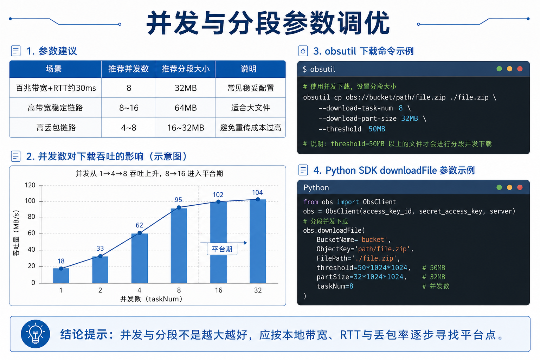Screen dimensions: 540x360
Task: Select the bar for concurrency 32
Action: (258, 241)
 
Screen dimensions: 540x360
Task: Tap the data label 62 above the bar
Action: (139, 225)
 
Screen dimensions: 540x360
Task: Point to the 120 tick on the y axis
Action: (30, 185)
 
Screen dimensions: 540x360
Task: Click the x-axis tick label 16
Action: (218, 290)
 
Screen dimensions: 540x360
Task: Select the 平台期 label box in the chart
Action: (222, 249)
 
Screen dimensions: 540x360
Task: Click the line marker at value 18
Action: (61, 268)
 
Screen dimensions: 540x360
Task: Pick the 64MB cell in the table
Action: (186, 108)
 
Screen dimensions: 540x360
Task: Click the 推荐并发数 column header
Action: (128, 69)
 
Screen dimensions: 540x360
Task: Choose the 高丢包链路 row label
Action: (56, 128)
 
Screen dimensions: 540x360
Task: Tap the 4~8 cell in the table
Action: (128, 128)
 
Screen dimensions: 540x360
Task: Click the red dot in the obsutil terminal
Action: (520, 69)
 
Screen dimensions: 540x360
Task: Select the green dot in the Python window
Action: (499, 187)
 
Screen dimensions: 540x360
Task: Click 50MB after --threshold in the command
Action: (377, 129)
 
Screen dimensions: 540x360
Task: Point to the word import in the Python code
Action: (348, 202)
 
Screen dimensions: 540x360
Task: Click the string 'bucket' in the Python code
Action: (373, 239)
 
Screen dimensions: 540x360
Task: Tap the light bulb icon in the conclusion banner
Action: (36, 334)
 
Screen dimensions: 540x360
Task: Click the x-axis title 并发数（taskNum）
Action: (151, 299)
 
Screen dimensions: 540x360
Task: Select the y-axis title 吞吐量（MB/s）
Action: (16, 233)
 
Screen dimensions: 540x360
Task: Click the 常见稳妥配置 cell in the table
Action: (250, 88)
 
